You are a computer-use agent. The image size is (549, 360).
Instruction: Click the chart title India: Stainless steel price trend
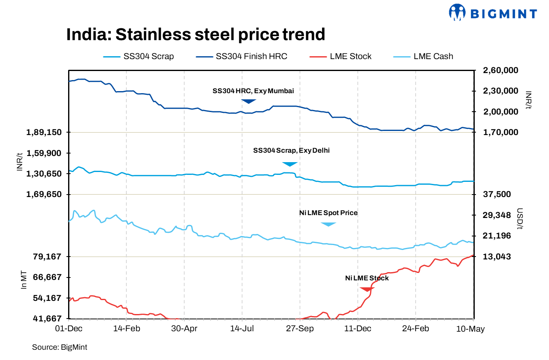point(196,34)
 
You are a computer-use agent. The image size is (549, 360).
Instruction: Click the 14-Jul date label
point(242,329)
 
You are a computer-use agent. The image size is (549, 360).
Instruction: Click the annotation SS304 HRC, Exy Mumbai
point(253,91)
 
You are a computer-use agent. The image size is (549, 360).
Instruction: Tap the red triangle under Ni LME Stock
point(367,289)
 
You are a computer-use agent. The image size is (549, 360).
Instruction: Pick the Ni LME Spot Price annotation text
point(328,213)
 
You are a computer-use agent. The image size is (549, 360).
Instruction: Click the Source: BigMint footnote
point(59,347)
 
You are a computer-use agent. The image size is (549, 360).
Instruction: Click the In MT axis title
point(24,280)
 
